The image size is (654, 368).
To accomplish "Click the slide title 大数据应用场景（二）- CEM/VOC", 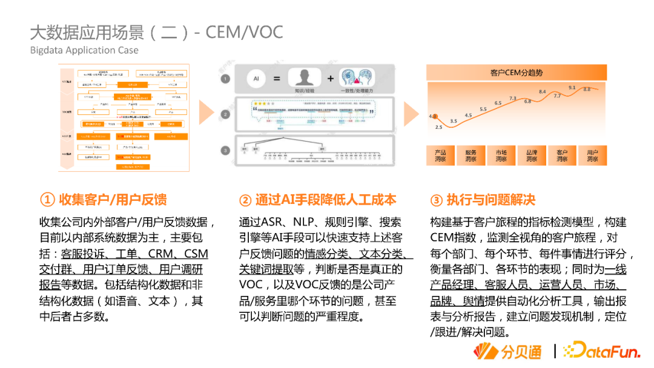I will [156, 32].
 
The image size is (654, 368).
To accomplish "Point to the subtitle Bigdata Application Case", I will [84, 50].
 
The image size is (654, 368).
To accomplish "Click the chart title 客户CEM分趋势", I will [516, 73].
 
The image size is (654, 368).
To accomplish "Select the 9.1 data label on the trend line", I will [572, 88].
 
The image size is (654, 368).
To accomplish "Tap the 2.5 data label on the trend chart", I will [438, 127].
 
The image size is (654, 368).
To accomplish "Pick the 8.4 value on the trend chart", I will [543, 92].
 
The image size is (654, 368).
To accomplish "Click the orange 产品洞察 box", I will [440, 156].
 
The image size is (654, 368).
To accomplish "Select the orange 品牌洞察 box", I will [532, 156].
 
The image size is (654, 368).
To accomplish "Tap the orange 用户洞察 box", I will [592, 156].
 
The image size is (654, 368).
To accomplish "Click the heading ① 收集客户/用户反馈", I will [103, 200].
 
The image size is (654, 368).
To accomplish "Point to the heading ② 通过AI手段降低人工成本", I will [317, 200].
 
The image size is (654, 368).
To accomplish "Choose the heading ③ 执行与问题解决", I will [483, 200].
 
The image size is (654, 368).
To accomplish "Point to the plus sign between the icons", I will [331, 79].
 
